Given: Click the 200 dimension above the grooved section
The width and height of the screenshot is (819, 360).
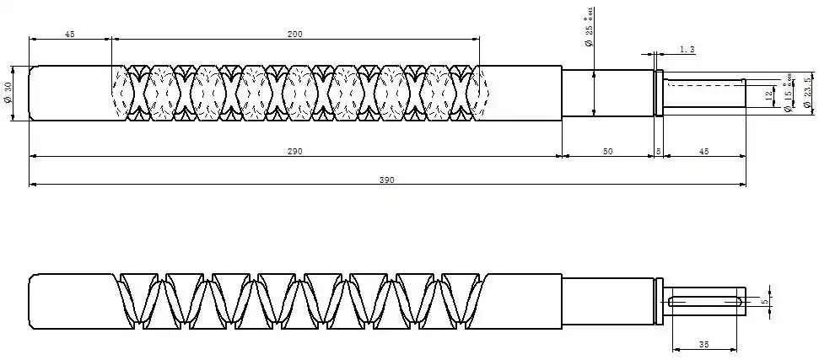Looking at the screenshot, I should pyautogui.click(x=294, y=34).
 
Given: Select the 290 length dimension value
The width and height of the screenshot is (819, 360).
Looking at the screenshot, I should pyautogui.click(x=294, y=151).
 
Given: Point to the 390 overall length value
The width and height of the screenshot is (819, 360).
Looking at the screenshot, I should pyautogui.click(x=386, y=180).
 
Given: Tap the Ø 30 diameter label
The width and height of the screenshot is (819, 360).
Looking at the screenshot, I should pyautogui.click(x=8, y=94).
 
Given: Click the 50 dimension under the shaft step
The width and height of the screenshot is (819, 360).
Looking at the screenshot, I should pyautogui.click(x=607, y=151).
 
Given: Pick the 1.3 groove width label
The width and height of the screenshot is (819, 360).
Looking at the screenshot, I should pyautogui.click(x=687, y=51).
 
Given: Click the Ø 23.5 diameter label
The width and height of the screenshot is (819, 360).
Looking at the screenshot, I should pyautogui.click(x=807, y=93).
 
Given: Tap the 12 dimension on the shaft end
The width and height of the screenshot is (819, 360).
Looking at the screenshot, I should pyautogui.click(x=768, y=95).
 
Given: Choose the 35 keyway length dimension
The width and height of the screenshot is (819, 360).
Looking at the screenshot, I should pyautogui.click(x=704, y=344).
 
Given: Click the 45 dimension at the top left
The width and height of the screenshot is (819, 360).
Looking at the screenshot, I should pyautogui.click(x=70, y=34).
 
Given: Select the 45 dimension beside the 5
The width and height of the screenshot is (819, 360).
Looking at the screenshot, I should pyautogui.click(x=703, y=151).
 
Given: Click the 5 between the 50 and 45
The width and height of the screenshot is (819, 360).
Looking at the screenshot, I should pyautogui.click(x=658, y=151).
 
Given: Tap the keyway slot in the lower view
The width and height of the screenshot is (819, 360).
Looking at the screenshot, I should pyautogui.click(x=705, y=301).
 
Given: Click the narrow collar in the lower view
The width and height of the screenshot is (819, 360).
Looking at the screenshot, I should pyautogui.click(x=659, y=301).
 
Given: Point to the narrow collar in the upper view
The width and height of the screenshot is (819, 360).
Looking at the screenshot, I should pyautogui.click(x=659, y=94).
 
